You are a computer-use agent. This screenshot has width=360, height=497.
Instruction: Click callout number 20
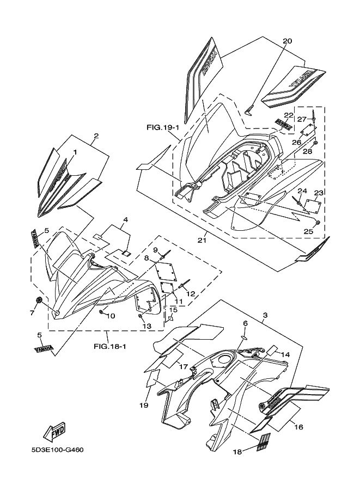[x=288, y=41]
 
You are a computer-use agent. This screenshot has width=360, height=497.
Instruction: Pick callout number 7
[x=32, y=313]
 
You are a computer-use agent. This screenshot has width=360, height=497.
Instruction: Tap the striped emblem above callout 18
[x=264, y=440]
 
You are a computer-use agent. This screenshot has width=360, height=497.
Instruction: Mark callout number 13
[x=147, y=326]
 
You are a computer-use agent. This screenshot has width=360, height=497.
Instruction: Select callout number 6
[x=245, y=323]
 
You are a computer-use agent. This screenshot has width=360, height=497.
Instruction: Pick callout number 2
[x=96, y=136]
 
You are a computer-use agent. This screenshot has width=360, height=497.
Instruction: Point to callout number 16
[x=298, y=428]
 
